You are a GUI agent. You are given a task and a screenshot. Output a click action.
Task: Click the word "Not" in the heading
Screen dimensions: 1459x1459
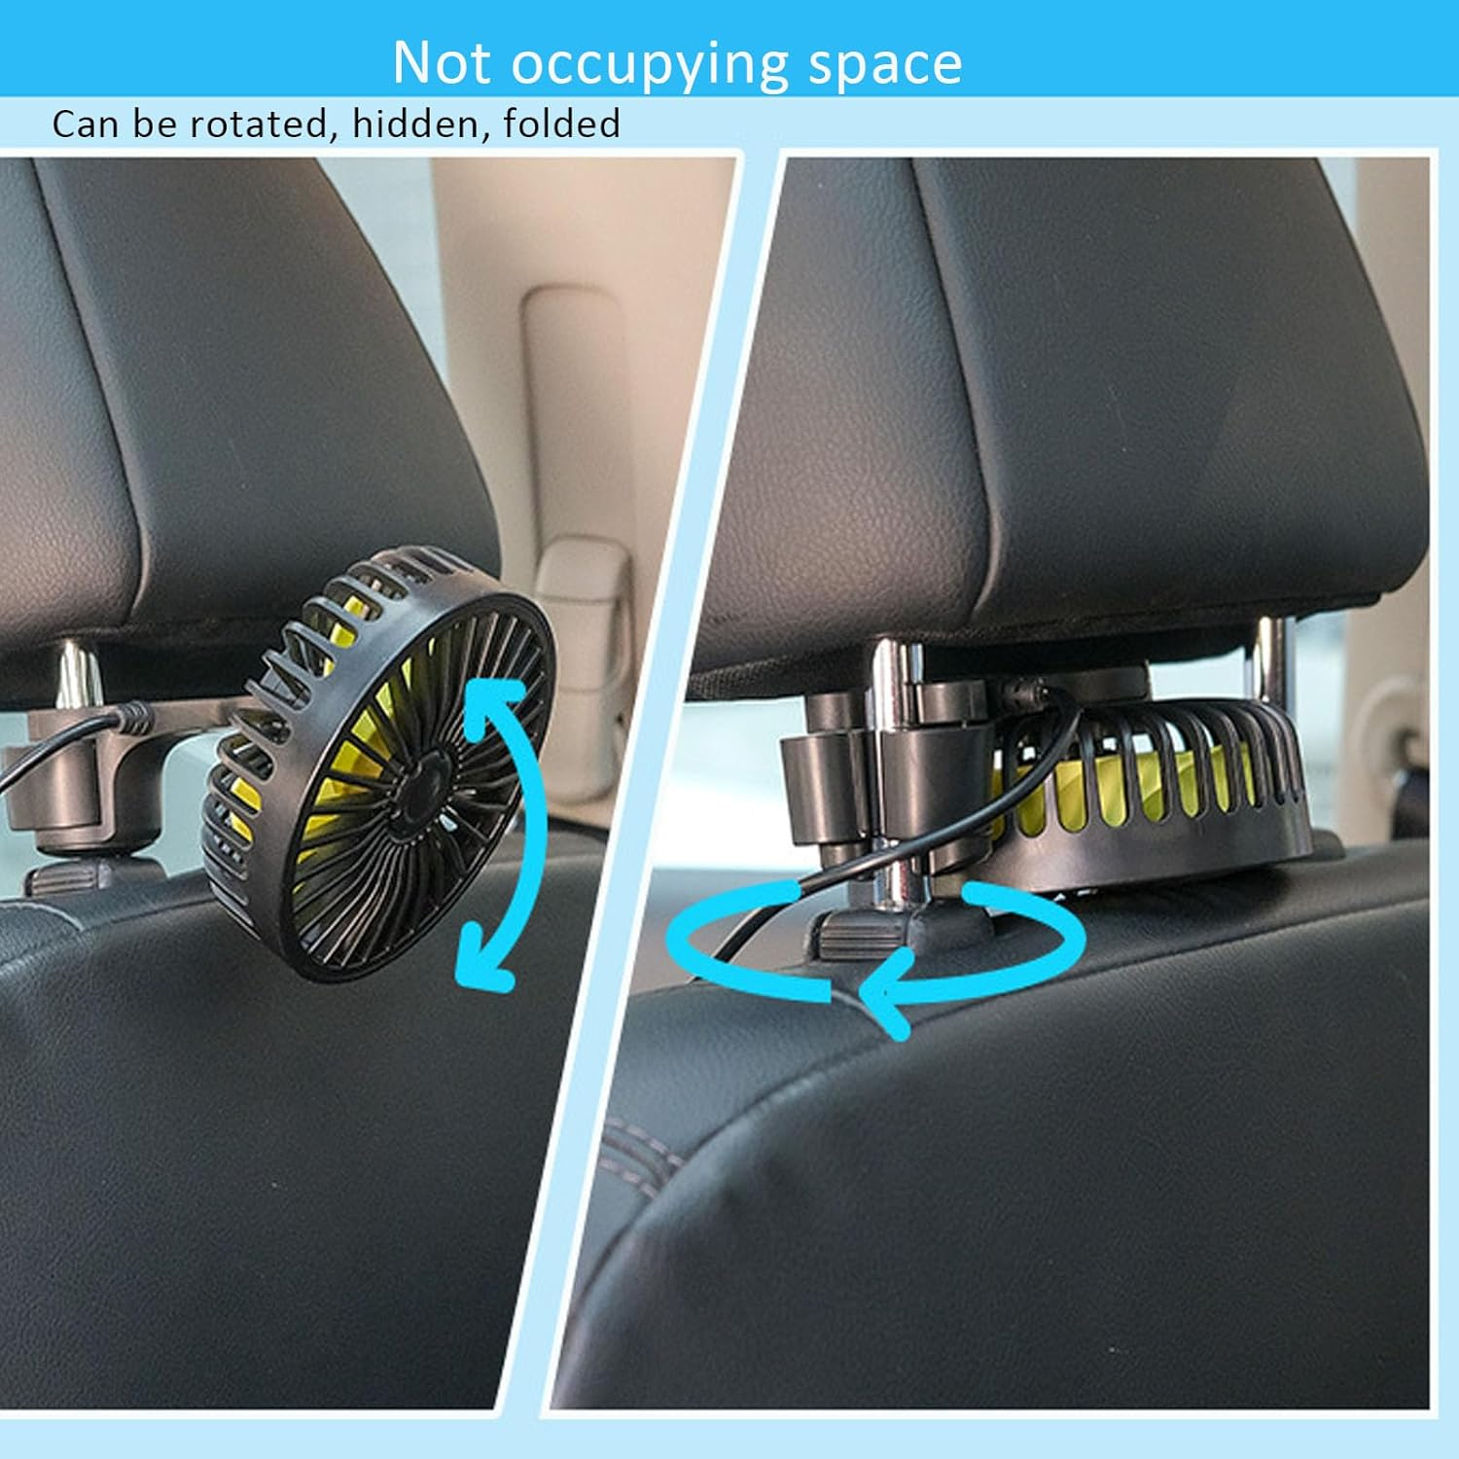pyautogui.click(x=442, y=63)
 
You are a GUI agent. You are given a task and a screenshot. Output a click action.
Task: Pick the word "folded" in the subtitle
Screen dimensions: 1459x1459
pyautogui.click(x=561, y=124)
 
